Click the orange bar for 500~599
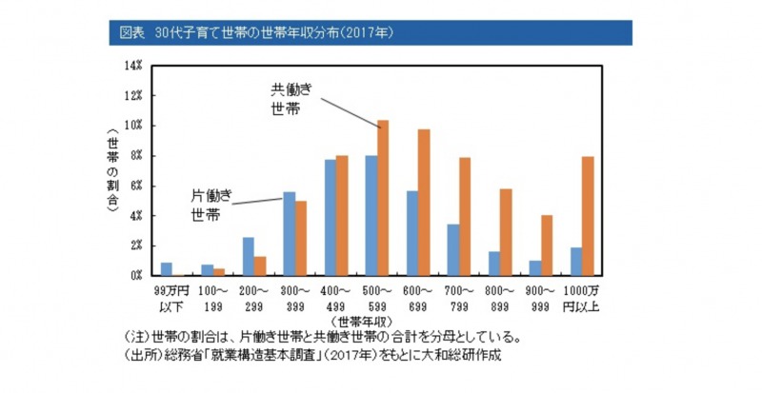[383, 198]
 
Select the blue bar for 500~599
[371, 215]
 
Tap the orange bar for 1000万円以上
[588, 216]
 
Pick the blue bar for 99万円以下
[167, 268]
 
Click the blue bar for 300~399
[290, 233]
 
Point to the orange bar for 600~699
[424, 202]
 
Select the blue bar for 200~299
[249, 256]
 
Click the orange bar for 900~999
[547, 245]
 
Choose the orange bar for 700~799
[465, 216]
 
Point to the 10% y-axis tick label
[133, 126]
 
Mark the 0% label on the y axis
[136, 275]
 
